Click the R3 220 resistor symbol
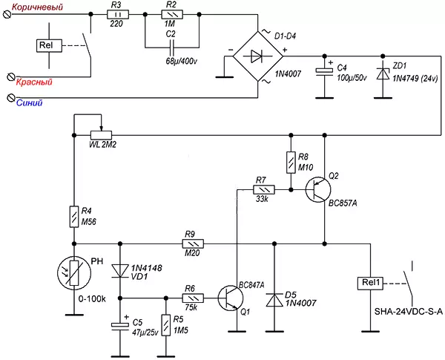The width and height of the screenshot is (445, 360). [x=118, y=15]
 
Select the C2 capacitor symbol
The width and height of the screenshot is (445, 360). [x=172, y=48]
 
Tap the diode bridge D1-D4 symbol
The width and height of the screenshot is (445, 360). [x=258, y=56]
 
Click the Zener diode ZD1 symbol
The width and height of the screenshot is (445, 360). [x=383, y=73]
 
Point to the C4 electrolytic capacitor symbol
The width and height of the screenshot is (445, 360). [x=325, y=72]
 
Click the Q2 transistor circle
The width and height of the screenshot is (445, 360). [x=318, y=190]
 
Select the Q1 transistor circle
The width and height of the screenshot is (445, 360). [x=231, y=298]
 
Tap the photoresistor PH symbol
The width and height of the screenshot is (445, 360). [x=73, y=272]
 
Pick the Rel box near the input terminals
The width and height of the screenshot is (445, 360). [x=49, y=45]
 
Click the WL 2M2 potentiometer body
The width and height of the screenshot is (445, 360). [x=101, y=135]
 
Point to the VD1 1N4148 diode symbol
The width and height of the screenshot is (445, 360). [x=119, y=271]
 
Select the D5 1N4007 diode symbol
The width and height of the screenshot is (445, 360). [x=274, y=301]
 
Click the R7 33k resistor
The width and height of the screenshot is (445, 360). [x=264, y=189]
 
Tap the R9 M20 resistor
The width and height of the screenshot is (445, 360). [x=193, y=243]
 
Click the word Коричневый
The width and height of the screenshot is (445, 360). [x=38, y=7]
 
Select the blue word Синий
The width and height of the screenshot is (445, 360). [x=29, y=102]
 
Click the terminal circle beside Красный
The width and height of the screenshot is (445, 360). [x=11, y=76]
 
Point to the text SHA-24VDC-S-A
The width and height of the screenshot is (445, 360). [x=409, y=312]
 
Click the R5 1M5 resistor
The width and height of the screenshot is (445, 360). [x=166, y=325]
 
